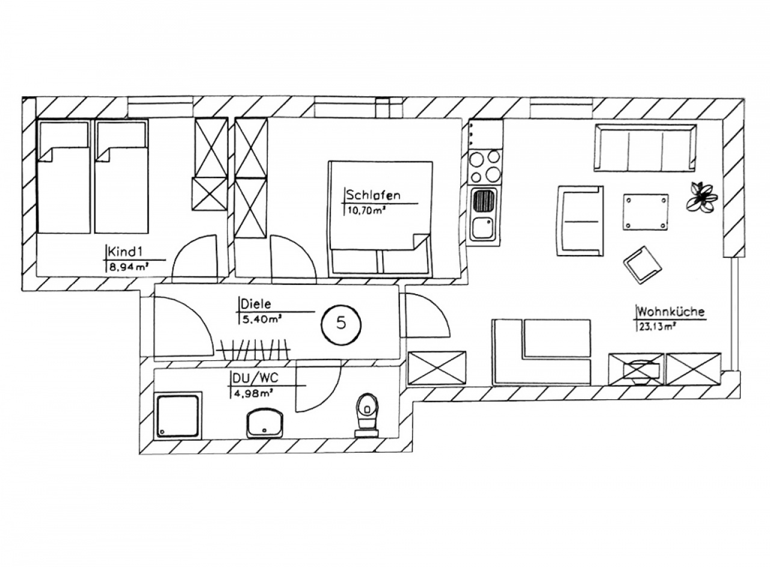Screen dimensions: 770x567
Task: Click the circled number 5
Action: (340, 323)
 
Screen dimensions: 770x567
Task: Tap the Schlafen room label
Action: (373, 195)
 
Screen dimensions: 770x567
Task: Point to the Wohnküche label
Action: (671, 311)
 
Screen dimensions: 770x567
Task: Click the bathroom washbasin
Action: (265, 423)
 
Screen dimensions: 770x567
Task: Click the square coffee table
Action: (645, 212)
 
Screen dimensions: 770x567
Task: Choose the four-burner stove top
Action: (485, 167)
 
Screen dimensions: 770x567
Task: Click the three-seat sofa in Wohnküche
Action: (645, 147)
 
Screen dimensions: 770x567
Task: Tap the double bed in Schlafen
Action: (381, 219)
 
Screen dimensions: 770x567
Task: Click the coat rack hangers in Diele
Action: (253, 350)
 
